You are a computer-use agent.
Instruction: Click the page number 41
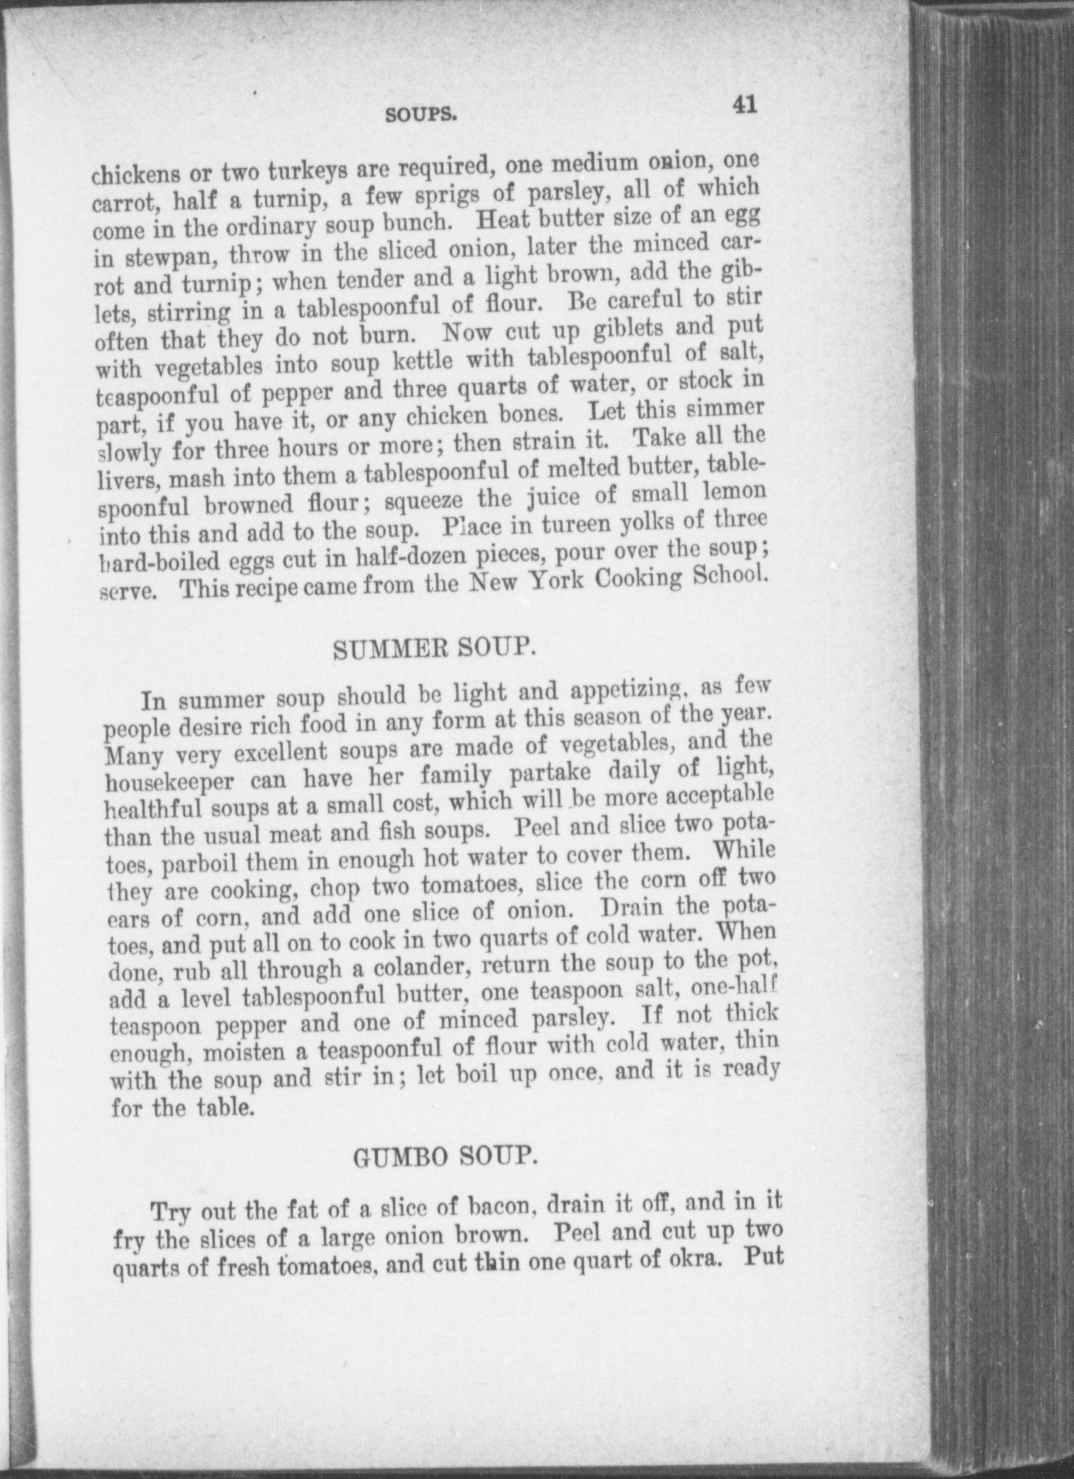[742, 104]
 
